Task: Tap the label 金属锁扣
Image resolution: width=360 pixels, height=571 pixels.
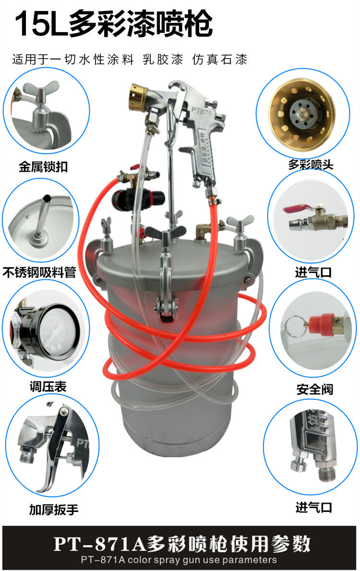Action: tap(43, 167)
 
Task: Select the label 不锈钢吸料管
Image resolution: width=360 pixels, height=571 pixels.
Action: tap(39, 272)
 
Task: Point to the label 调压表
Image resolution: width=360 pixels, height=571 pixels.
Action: tap(48, 386)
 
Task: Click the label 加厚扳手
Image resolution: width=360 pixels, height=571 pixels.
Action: tap(54, 510)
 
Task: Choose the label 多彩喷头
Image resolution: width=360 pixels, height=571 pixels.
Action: tap(311, 164)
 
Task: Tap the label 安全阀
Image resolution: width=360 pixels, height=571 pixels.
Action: tap(314, 389)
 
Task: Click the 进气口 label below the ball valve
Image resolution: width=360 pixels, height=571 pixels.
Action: tap(313, 272)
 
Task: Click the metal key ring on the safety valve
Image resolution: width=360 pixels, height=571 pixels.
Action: tap(295, 326)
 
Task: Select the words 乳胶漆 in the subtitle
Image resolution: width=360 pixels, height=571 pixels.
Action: tap(163, 59)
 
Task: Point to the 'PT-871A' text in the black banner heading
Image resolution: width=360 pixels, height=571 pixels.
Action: tap(100, 544)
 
